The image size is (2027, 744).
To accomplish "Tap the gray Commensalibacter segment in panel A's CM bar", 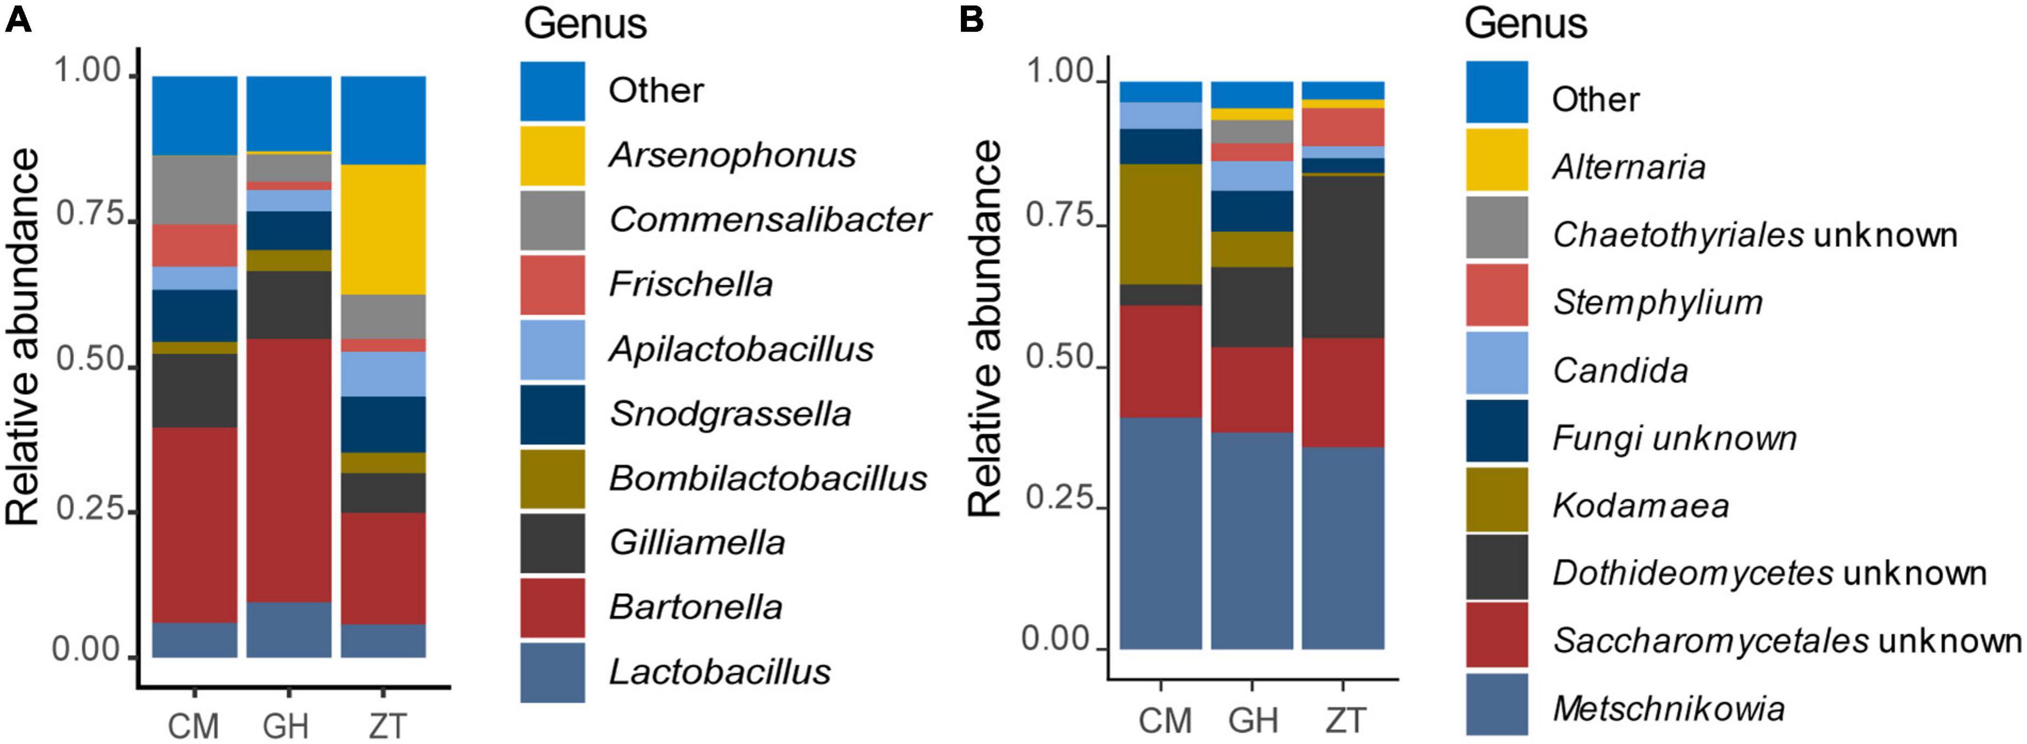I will tap(195, 190).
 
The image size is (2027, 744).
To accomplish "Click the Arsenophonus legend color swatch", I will tap(553, 155).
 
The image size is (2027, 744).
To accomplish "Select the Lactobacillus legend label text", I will tap(719, 672).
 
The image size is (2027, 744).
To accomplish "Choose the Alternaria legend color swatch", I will tap(1496, 160).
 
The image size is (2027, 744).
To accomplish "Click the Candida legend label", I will tap(1620, 370).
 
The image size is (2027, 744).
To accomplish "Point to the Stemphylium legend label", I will tap(1657, 302).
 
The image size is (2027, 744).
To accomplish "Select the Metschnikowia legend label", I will tap(1668, 709).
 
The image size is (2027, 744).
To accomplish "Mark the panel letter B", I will tap(972, 19).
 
